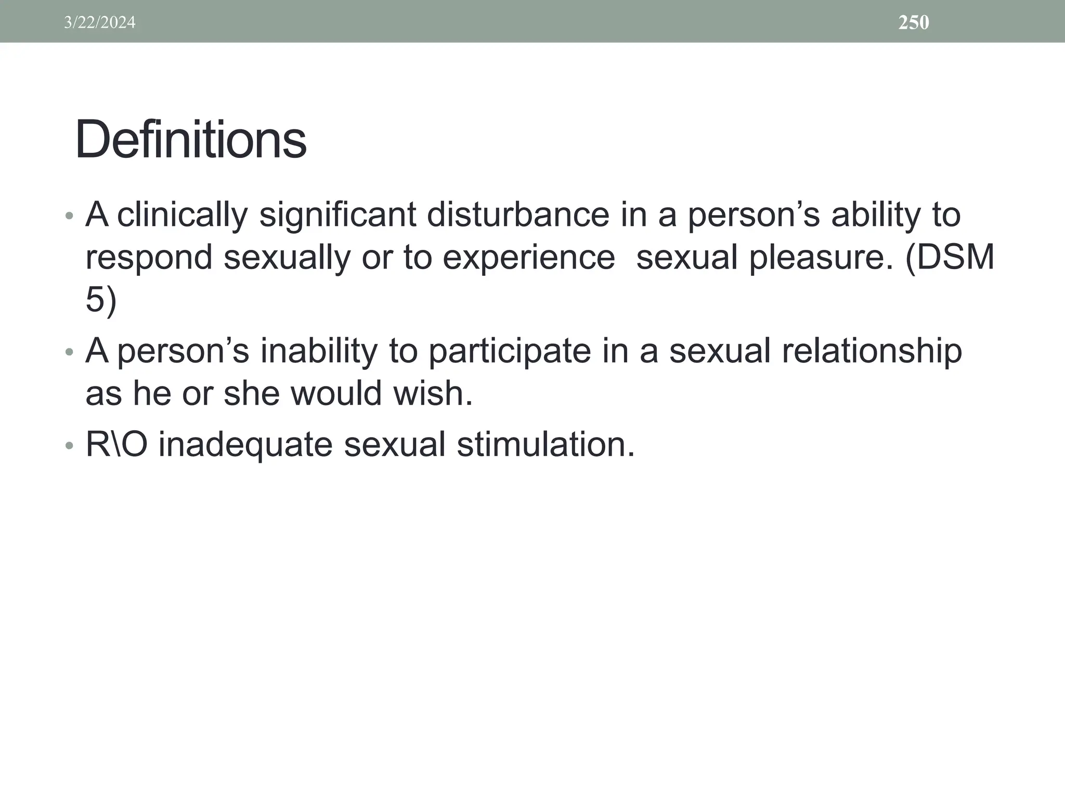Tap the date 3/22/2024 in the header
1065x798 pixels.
click(99, 22)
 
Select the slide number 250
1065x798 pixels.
click(914, 22)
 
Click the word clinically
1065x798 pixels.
click(182, 215)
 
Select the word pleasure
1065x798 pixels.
click(821, 258)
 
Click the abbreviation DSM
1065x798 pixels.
click(956, 258)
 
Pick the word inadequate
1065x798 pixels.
click(245, 446)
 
